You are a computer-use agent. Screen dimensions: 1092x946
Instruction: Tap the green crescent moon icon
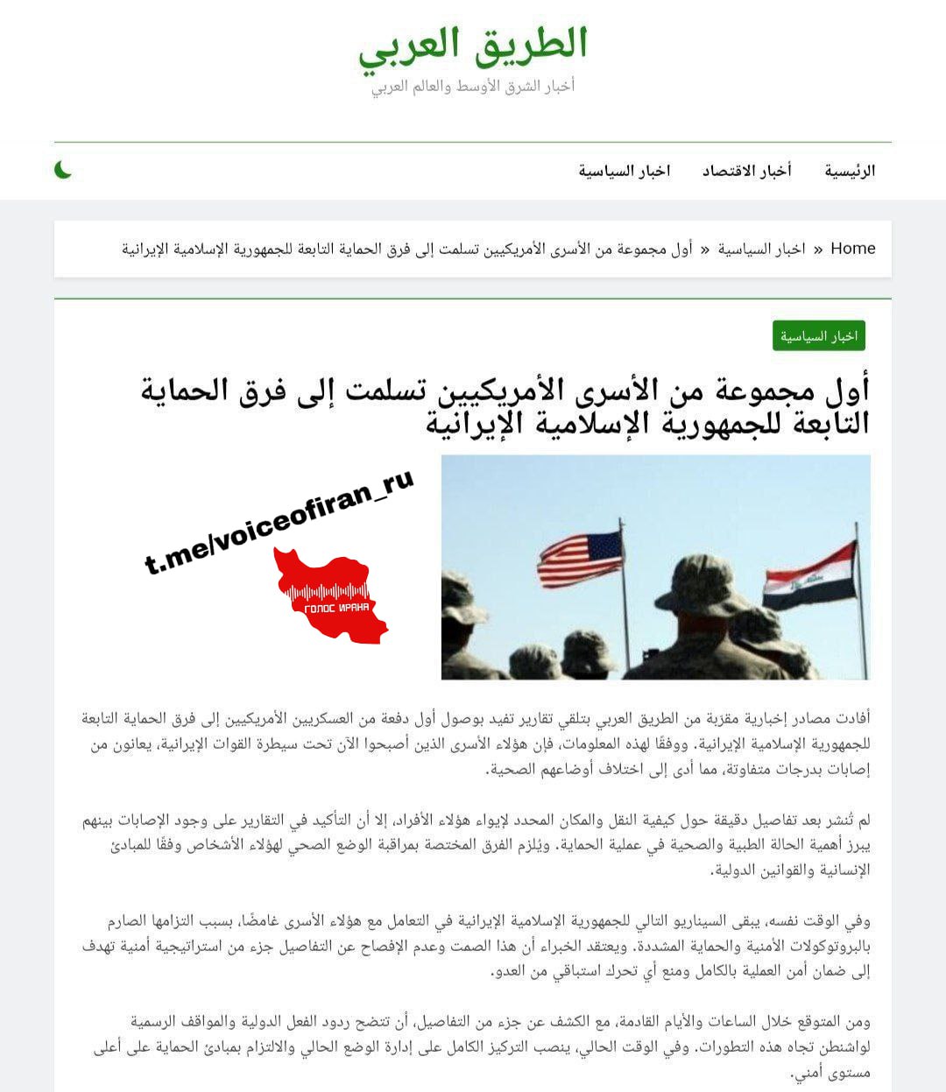(x=63, y=170)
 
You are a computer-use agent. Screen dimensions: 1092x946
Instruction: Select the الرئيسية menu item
(x=849, y=171)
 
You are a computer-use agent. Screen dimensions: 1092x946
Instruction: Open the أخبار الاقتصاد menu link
(x=746, y=171)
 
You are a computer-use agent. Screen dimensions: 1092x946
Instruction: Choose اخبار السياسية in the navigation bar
(x=624, y=171)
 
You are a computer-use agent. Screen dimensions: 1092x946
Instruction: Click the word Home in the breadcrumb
(x=852, y=249)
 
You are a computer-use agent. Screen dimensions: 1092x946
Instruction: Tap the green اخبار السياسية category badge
(x=819, y=336)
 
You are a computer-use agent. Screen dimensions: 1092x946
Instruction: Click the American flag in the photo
(x=579, y=559)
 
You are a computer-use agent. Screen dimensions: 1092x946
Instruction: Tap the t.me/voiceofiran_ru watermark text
(x=279, y=522)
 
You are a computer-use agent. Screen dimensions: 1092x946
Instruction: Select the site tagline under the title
(x=473, y=86)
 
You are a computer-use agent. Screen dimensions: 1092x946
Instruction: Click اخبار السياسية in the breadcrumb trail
(x=761, y=249)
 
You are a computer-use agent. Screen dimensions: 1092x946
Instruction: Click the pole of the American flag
(x=625, y=595)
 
